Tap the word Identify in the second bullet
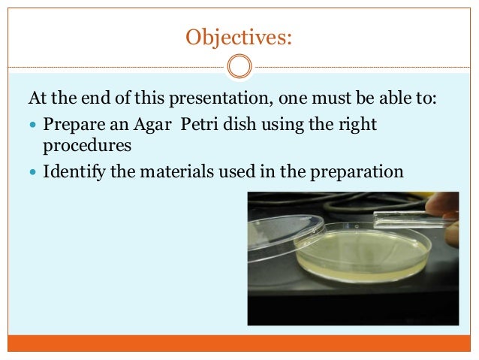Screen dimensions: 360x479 [x=72, y=172]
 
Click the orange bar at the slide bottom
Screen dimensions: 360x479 [x=239, y=343]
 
